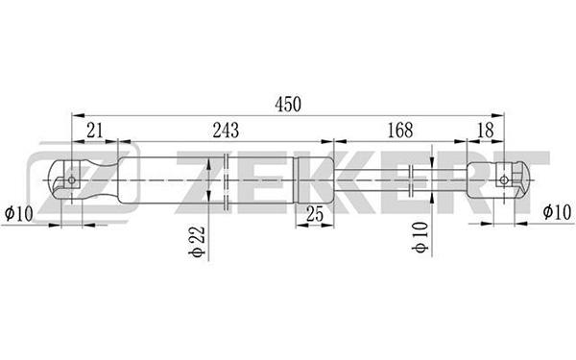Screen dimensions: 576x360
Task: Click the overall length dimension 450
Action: pos(288,105)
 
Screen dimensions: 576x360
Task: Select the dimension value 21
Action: pos(95,130)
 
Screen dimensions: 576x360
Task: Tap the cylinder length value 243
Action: pos(226,130)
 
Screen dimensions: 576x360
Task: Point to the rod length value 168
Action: pos(400,130)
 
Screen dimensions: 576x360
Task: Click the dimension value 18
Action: pos(485,130)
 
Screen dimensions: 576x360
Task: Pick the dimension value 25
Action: pos(315,214)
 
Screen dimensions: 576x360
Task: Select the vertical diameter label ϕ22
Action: pos(197,242)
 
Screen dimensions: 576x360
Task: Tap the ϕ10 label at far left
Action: pos(19,213)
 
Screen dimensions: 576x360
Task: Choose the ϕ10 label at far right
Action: pos(557,212)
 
